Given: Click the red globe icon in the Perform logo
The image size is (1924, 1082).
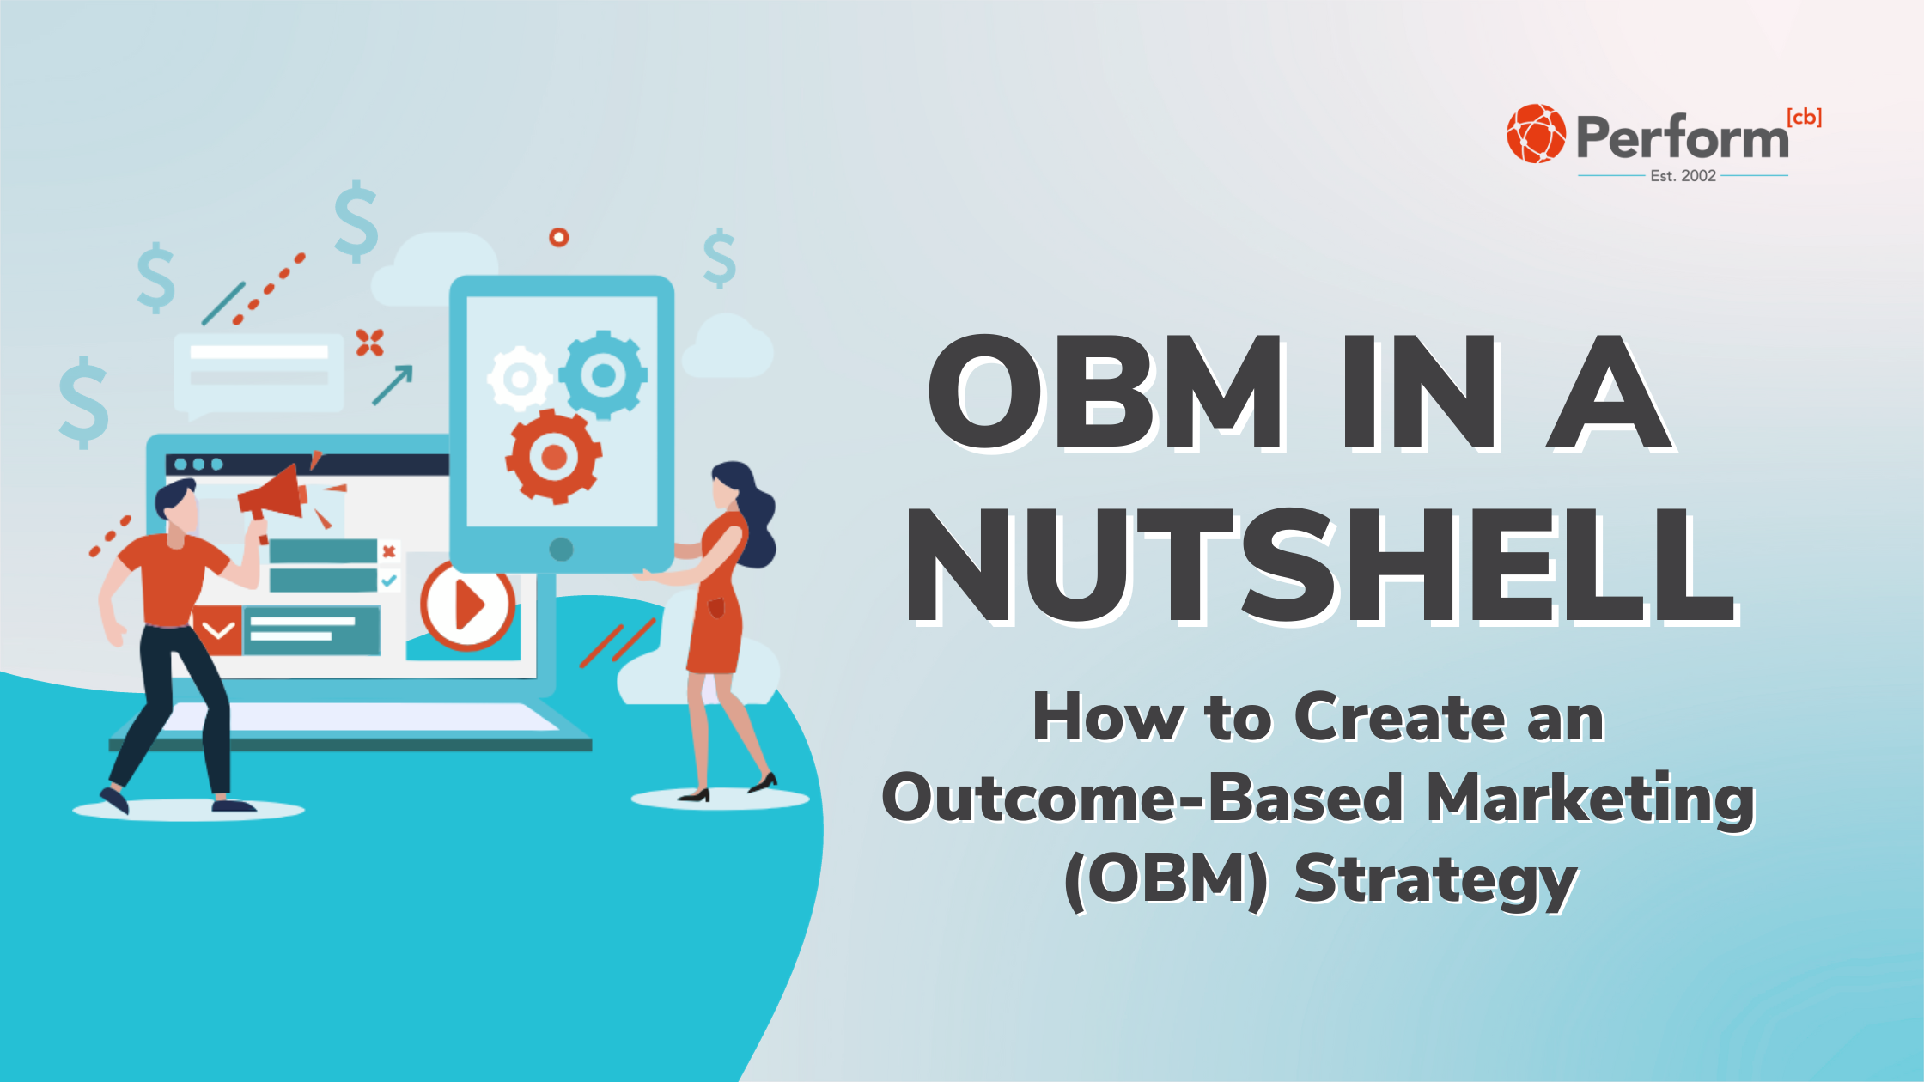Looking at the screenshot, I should [x=1536, y=134].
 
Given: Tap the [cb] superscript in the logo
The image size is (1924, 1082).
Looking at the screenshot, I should [x=1804, y=118].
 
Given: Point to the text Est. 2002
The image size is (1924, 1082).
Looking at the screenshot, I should [x=1683, y=176].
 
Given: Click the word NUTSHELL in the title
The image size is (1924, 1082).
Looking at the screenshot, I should [x=1320, y=567].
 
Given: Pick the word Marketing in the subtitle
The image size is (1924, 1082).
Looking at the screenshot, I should [x=1591, y=799].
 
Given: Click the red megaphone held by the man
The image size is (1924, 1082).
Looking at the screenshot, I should [x=274, y=495].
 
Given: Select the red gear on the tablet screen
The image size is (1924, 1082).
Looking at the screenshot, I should [x=553, y=456].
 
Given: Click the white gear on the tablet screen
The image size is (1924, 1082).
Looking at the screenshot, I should [x=519, y=378].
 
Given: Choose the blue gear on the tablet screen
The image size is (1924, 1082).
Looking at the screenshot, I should [x=603, y=374].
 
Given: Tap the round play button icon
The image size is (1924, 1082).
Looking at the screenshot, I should [x=467, y=605].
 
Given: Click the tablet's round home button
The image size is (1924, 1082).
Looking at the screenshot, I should [x=561, y=550].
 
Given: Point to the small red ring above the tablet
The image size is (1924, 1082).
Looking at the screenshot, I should [x=559, y=237].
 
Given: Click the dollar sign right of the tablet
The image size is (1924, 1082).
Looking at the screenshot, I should [x=719, y=258].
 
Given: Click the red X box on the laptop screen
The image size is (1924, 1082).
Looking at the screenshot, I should [x=389, y=551].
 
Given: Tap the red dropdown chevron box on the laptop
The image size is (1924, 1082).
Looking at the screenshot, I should [x=218, y=631].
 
